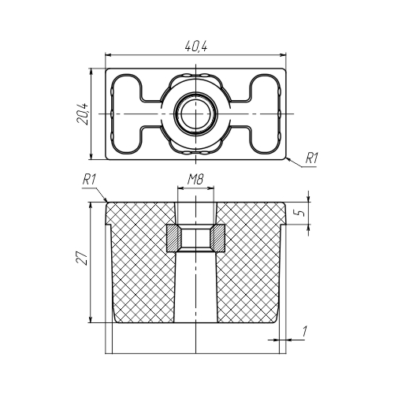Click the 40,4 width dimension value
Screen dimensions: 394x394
point(196,46)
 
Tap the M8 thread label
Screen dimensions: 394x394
point(195,180)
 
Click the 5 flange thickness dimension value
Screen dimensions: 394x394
point(302,213)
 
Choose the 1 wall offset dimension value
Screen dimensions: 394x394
point(304,331)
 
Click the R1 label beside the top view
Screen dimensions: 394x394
point(311,159)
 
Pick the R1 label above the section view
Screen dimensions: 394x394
point(89,180)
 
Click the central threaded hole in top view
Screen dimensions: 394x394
point(195,113)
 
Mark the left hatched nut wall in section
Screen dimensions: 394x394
point(173,238)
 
